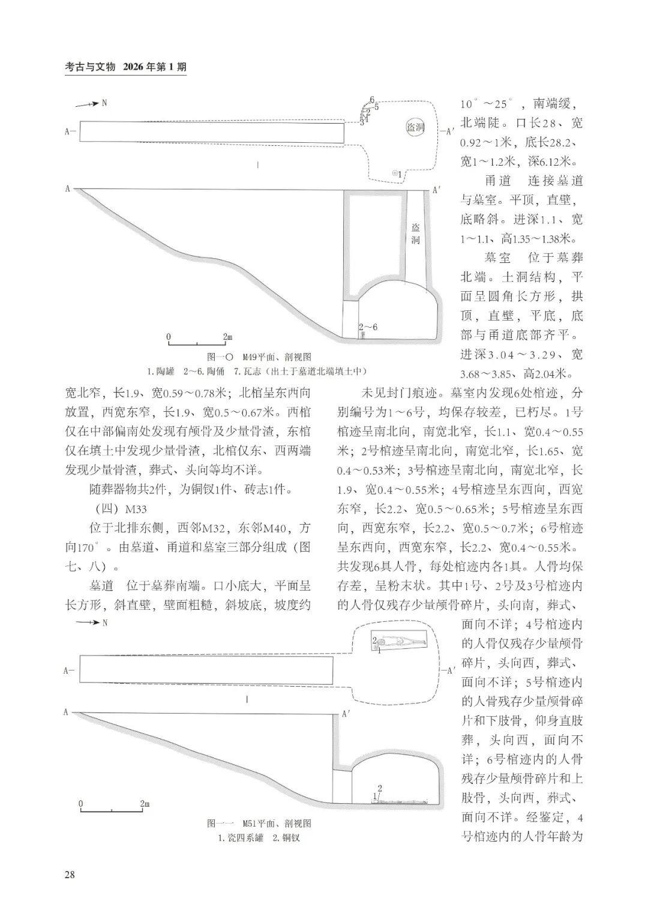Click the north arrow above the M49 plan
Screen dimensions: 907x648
point(88,104)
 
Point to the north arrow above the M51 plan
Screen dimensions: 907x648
point(88,622)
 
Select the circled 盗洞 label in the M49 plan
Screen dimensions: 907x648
point(415,127)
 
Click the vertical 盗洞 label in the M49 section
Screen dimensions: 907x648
point(416,234)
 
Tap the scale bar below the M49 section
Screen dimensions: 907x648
point(196,342)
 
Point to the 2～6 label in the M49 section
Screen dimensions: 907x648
point(368,327)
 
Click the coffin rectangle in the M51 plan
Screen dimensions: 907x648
point(399,642)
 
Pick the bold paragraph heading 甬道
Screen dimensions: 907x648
point(497,181)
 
